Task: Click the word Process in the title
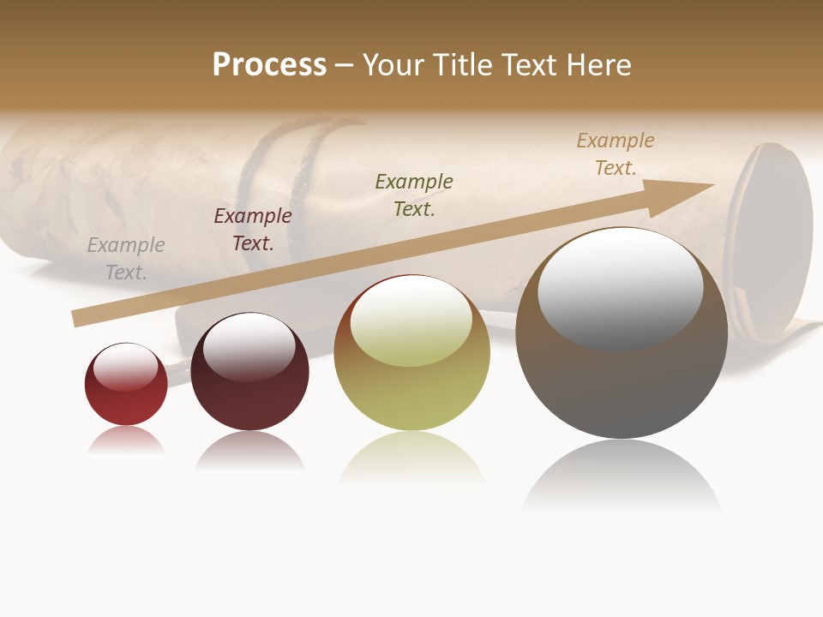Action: [x=269, y=65]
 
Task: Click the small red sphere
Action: [x=126, y=403]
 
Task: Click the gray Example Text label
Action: [x=126, y=259]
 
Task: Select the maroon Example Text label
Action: [x=253, y=230]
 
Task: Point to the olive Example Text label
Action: [x=414, y=195]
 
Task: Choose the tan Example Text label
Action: [x=616, y=154]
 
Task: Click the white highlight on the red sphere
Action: [x=126, y=365]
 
